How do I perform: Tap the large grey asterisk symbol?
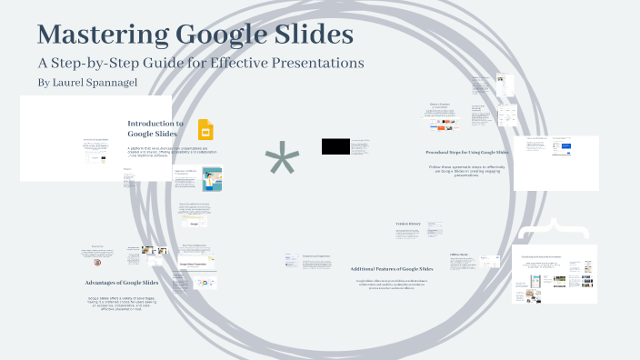281,162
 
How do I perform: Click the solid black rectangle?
335,145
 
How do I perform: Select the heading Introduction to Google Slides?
155,128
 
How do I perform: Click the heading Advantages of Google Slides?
127,283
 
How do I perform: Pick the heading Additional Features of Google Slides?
392,268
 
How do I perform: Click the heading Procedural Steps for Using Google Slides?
467,153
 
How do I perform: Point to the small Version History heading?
406,224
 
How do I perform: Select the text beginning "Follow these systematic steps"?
467,170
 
